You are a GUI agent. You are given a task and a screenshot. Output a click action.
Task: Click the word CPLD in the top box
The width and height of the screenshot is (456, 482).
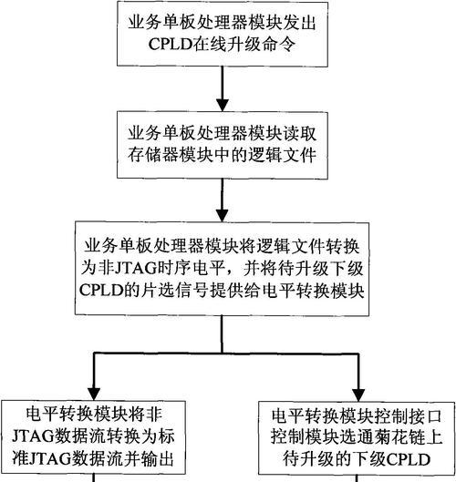pyautogui.click(x=171, y=45)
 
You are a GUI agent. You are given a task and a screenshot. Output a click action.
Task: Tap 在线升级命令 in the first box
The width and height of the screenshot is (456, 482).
pyautogui.click(x=244, y=45)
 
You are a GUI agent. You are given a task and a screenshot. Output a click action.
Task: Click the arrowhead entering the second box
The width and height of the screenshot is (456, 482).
pyautogui.click(x=223, y=105)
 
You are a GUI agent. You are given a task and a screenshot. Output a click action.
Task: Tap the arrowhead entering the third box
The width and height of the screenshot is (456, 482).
pyautogui.click(x=223, y=215)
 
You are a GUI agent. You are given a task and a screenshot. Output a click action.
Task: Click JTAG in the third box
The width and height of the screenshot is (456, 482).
pyautogui.click(x=135, y=268)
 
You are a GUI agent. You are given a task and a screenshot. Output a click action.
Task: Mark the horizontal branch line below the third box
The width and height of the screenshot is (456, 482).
pyautogui.click(x=226, y=354)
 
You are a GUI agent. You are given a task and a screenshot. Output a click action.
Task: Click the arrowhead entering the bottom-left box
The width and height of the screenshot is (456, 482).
pyautogui.click(x=94, y=395)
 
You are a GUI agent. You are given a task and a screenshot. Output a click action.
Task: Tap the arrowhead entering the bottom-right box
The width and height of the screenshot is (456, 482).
pyautogui.click(x=358, y=395)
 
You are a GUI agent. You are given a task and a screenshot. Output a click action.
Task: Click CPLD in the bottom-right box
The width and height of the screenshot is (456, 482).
pyautogui.click(x=408, y=459)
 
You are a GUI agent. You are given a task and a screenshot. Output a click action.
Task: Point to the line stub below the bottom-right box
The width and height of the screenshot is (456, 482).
pyautogui.click(x=357, y=478)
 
